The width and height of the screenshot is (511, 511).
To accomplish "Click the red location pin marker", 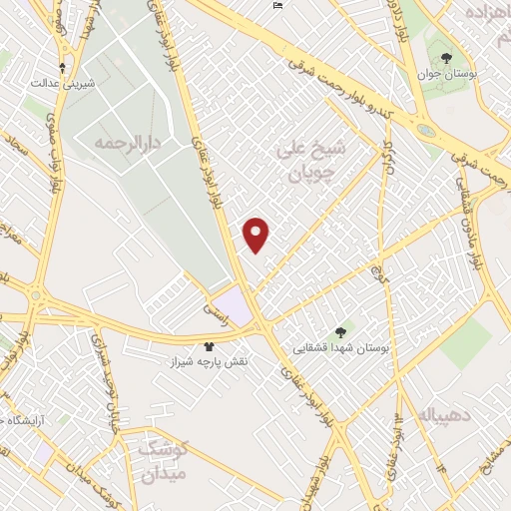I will click(x=257, y=236).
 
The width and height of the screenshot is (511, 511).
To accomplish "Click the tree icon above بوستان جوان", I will click(x=445, y=58).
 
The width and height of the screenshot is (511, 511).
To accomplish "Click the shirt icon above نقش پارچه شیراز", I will click(x=209, y=344).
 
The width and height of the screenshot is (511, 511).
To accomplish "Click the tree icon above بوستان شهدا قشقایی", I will click(x=341, y=332).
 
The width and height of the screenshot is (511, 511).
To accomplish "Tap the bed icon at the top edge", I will click(x=277, y=6).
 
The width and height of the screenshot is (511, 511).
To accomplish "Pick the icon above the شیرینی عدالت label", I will click(x=63, y=68).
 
